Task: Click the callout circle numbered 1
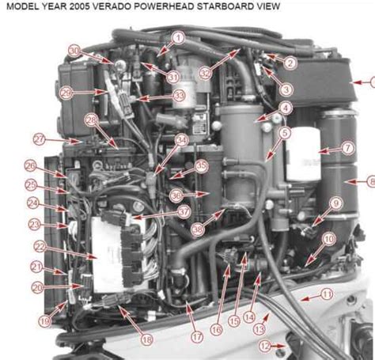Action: pyautogui.click(x=178, y=37)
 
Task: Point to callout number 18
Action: pyautogui.click(x=146, y=339)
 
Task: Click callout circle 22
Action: pyautogui.click(x=39, y=247)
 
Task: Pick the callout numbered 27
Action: pyautogui.click(x=39, y=138)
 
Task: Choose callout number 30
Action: pyautogui.click(x=74, y=50)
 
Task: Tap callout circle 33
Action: pyautogui.click(x=179, y=95)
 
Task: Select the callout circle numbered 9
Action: pyautogui.click(x=335, y=203)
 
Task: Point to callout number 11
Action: pyautogui.click(x=326, y=294)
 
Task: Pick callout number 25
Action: pyautogui.click(x=31, y=185)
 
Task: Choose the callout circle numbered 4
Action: pyautogui.click(x=285, y=108)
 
